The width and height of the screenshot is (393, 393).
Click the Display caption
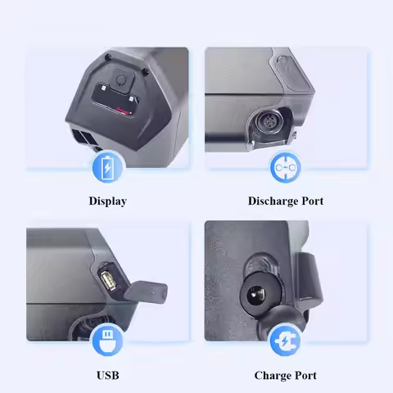click(107, 201)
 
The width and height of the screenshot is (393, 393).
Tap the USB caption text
click(107, 375)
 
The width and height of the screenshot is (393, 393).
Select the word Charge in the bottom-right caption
click(273, 375)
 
